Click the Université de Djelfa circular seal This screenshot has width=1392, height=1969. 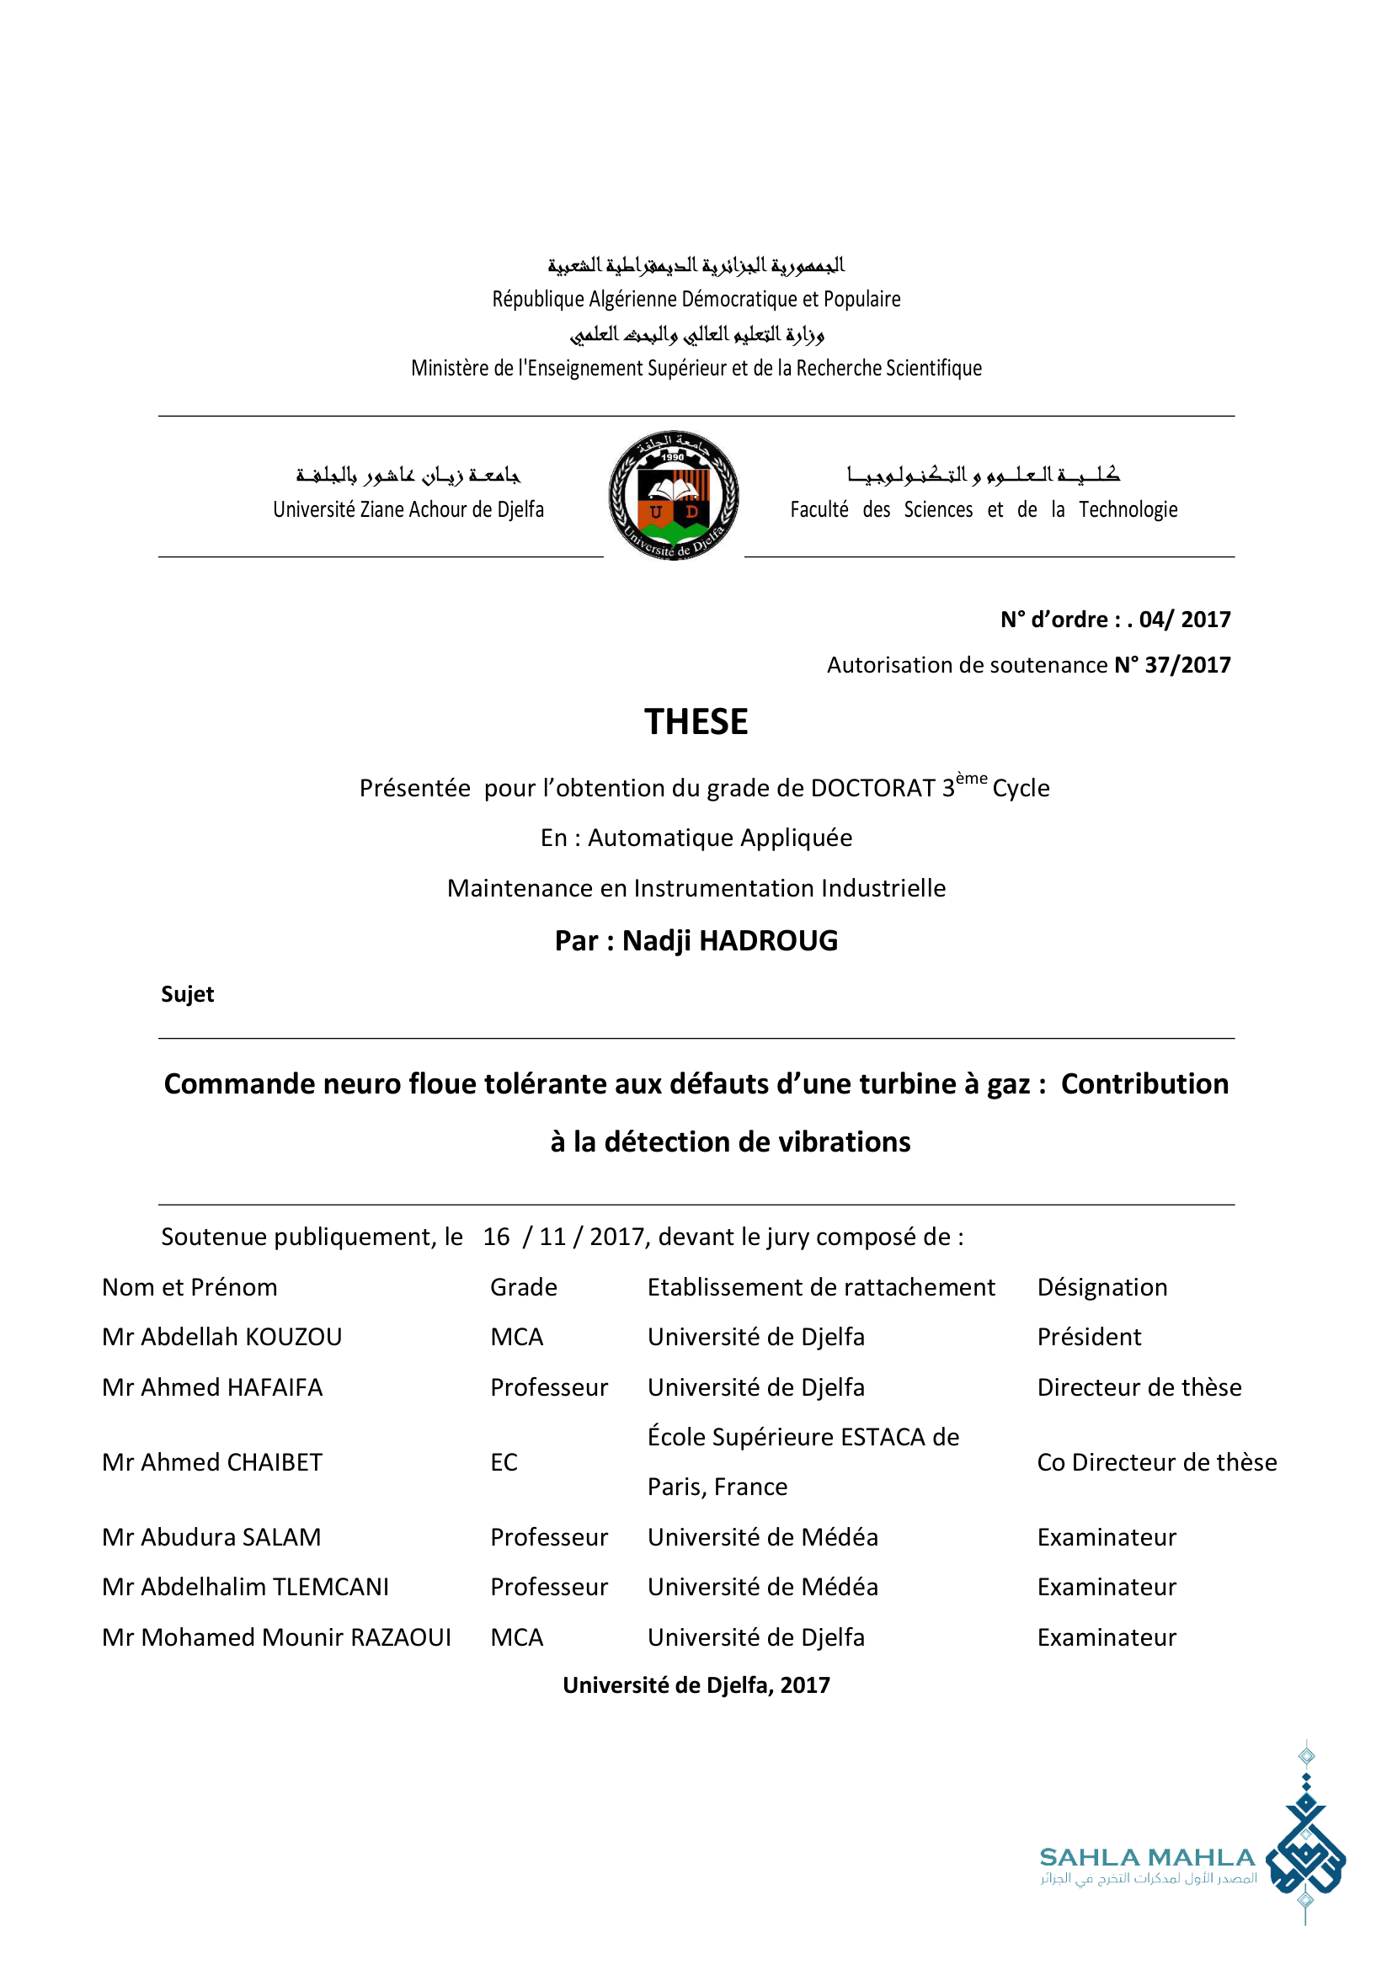click(674, 496)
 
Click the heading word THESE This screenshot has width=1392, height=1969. click(696, 722)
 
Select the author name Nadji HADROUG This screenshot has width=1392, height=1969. click(729, 941)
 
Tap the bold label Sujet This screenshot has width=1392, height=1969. click(187, 994)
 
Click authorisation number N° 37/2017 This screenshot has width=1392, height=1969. click(1171, 665)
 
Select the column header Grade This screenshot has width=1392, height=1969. click(523, 1287)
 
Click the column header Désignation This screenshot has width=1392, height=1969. click(1102, 1287)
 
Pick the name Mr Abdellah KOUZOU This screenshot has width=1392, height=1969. click(221, 1337)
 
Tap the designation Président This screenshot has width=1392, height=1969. click(1088, 1337)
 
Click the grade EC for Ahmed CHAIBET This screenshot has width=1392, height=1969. click(504, 1462)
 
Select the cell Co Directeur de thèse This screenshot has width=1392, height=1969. click(1156, 1462)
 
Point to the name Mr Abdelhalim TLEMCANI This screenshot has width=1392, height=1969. click(244, 1588)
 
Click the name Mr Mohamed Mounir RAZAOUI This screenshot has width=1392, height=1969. click(276, 1637)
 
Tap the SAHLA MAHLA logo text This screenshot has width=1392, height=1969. click(1147, 1859)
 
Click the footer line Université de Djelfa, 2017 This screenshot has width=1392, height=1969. click(696, 1685)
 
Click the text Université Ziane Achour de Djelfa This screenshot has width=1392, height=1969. click(408, 509)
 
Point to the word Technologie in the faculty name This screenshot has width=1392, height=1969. click(1128, 509)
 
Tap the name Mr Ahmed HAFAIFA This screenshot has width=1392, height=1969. click(212, 1387)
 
